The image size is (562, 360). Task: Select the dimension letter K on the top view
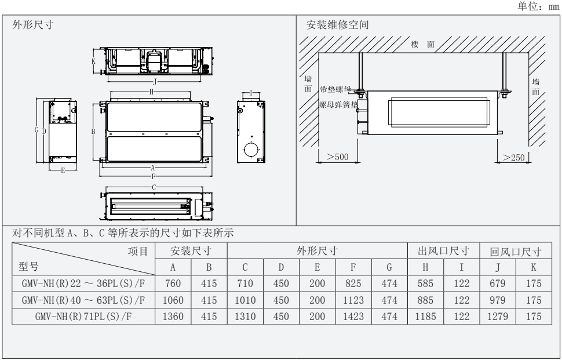pyautogui.click(x=94, y=60)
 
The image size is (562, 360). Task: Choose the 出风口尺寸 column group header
pyautogui.click(x=443, y=252)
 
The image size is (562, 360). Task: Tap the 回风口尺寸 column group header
pyautogui.click(x=515, y=252)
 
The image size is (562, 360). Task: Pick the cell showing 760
pyautogui.click(x=173, y=285)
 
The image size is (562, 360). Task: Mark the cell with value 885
pyautogui.click(x=426, y=301)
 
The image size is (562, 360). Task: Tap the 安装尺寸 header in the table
pyautogui.click(x=191, y=252)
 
